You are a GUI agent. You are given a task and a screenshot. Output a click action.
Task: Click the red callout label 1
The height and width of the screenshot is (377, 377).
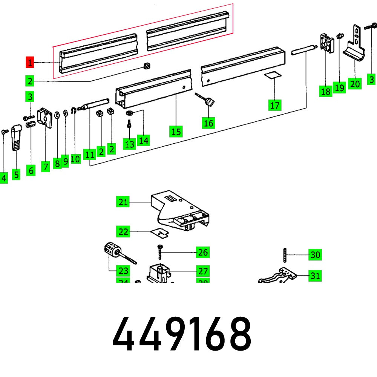point(30,62)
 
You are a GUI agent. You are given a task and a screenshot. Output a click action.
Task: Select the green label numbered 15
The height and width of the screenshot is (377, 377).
point(176,132)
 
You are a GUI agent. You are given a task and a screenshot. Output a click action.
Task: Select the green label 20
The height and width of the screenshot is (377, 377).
point(355,83)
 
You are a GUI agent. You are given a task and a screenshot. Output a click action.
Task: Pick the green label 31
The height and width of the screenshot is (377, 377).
point(315,276)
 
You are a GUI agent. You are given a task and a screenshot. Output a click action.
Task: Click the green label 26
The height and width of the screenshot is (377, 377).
point(203,252)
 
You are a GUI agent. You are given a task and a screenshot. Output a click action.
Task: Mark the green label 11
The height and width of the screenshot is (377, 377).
point(90,155)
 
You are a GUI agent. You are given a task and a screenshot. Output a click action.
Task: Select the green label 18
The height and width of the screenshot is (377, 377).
point(325,91)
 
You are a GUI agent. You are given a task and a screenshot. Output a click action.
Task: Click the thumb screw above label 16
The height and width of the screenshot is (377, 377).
point(208,101)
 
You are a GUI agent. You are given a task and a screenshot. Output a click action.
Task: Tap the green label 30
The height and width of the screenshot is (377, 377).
point(315,255)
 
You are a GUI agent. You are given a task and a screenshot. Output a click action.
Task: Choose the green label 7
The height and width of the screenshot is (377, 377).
point(46,167)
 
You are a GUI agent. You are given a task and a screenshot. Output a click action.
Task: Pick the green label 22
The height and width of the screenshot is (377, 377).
point(123,231)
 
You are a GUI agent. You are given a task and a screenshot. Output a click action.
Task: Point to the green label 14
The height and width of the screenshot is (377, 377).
point(143,140)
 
